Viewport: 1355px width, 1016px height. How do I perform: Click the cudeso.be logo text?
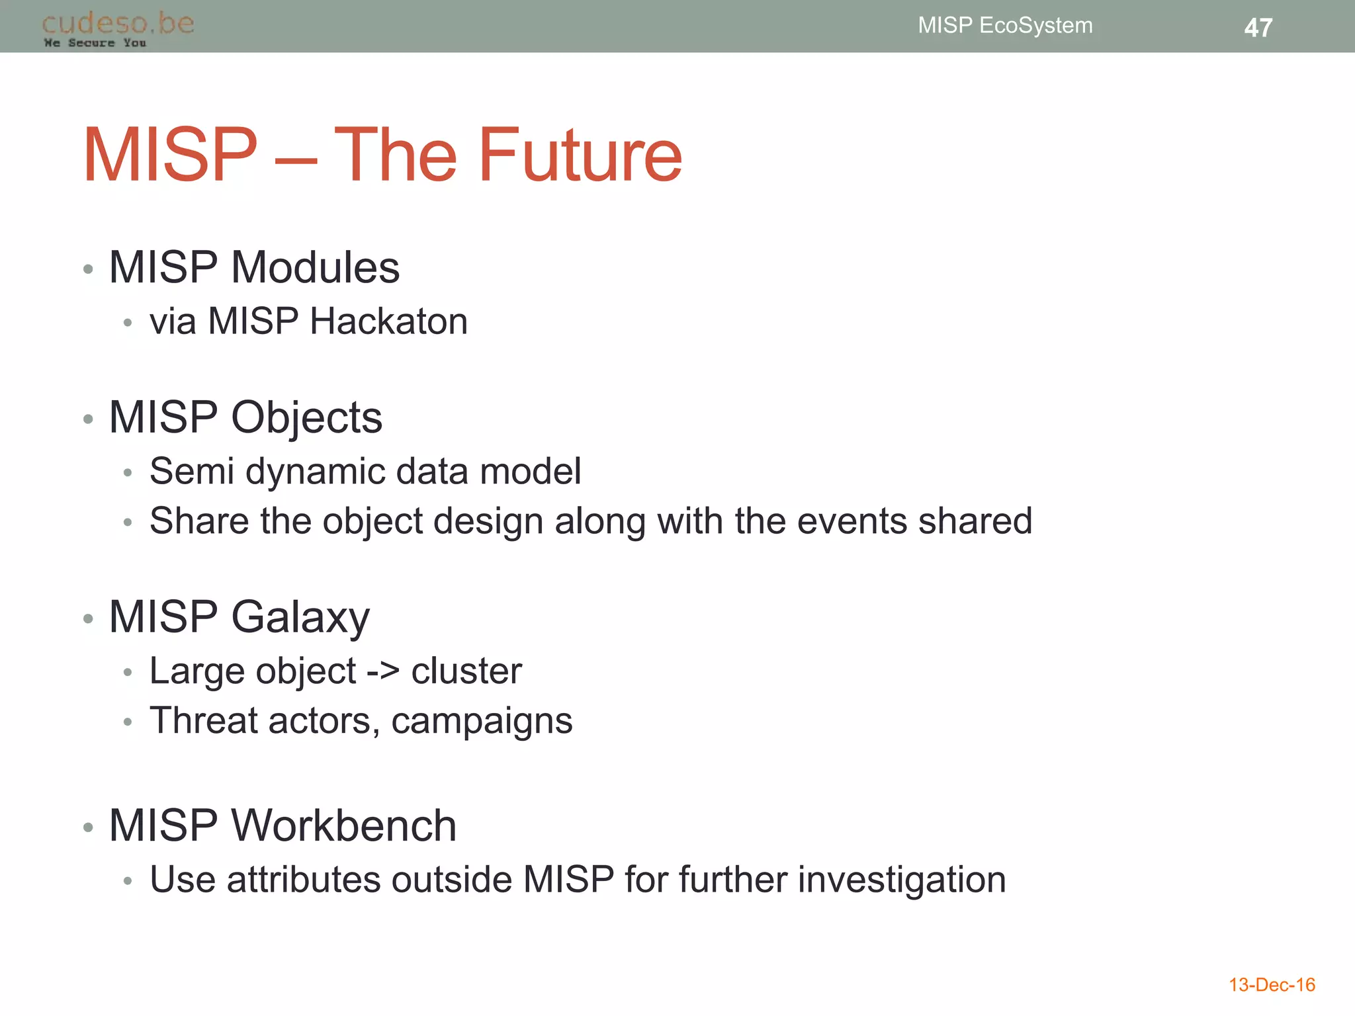pyautogui.click(x=118, y=23)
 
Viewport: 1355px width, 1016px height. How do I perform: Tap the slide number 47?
pyautogui.click(x=1258, y=28)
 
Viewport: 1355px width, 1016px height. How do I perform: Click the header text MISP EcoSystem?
pyautogui.click(x=1005, y=25)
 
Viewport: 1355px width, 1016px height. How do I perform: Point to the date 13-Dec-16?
pyautogui.click(x=1272, y=985)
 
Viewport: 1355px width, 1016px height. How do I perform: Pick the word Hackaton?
pyautogui.click(x=388, y=321)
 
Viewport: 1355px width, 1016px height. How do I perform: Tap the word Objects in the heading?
pyautogui.click(x=306, y=417)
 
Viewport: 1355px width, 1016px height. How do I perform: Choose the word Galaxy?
pyautogui.click(x=300, y=617)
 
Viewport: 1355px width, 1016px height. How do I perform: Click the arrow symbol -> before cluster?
pyautogui.click(x=383, y=671)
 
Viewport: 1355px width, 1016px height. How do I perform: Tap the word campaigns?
pyautogui.click(x=482, y=721)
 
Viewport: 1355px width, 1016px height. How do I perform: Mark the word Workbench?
pyautogui.click(x=343, y=825)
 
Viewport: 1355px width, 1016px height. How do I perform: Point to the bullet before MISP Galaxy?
pyautogui.click(x=88, y=619)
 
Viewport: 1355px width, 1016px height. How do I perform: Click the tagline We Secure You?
pyautogui.click(x=95, y=43)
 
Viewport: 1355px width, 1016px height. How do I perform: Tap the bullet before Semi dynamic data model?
pyautogui.click(x=128, y=473)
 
